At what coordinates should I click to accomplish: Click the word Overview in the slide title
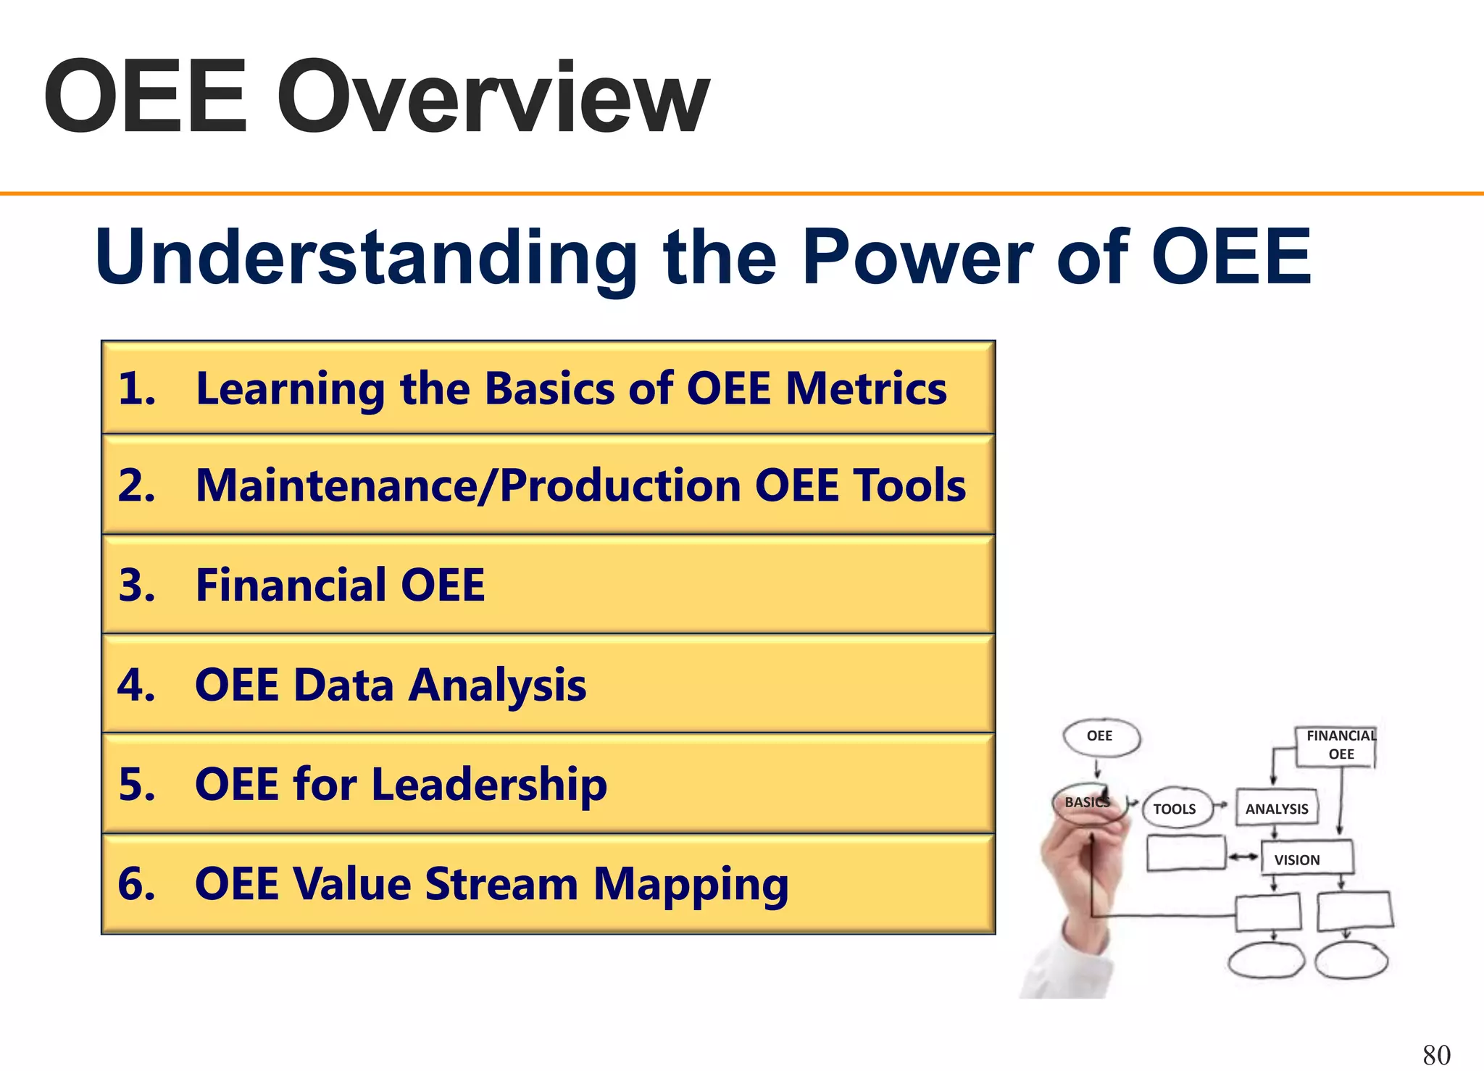tap(493, 98)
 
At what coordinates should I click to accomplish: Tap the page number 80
tap(1436, 1054)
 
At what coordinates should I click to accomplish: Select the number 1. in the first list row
tap(137, 388)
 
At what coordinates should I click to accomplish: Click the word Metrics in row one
tap(867, 388)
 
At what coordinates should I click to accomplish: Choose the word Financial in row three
tap(290, 585)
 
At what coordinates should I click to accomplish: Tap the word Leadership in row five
tap(489, 785)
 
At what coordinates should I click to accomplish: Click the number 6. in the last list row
tap(137, 884)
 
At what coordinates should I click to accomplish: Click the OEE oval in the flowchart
tap(1100, 737)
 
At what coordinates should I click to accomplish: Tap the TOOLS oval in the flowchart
tap(1175, 809)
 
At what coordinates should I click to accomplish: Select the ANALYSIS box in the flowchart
tap(1277, 809)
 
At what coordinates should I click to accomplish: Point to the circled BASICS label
tap(1085, 802)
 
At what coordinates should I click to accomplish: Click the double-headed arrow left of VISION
tap(1243, 857)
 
